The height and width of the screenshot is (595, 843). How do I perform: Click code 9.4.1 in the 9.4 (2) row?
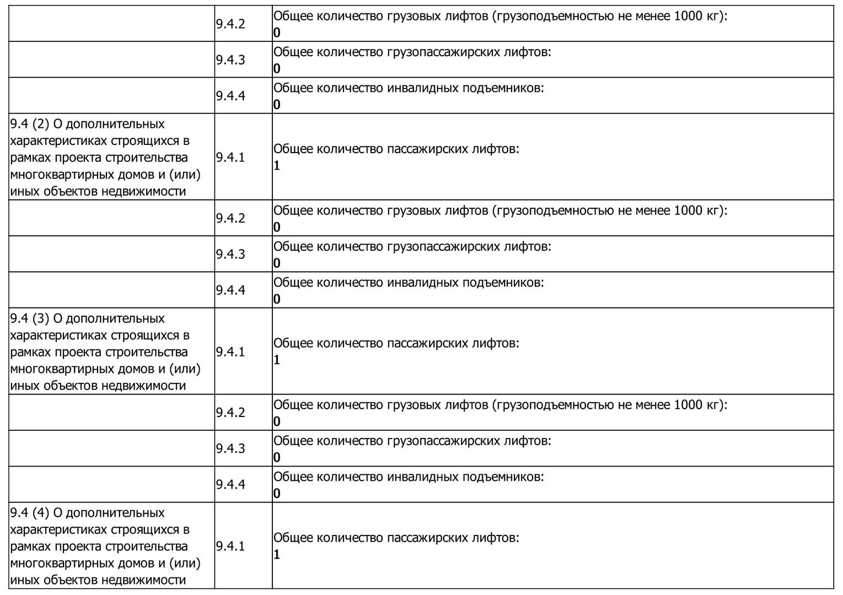[x=230, y=158]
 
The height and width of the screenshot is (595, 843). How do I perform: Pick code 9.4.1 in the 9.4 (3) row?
[x=230, y=352]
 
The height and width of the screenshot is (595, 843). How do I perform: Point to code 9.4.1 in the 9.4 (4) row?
[x=230, y=547]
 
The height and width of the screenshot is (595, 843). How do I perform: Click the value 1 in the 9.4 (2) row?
[x=277, y=165]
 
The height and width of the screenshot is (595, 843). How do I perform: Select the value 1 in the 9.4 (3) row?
[x=277, y=360]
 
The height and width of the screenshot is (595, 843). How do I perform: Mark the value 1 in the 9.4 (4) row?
[x=277, y=554]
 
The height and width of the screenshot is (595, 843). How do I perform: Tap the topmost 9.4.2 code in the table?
[x=230, y=24]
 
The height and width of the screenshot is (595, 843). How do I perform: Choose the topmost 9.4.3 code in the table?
[x=230, y=60]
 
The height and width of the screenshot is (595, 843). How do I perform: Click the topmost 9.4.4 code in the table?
[x=230, y=96]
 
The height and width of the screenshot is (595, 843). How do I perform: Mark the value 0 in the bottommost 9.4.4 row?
[x=277, y=493]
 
